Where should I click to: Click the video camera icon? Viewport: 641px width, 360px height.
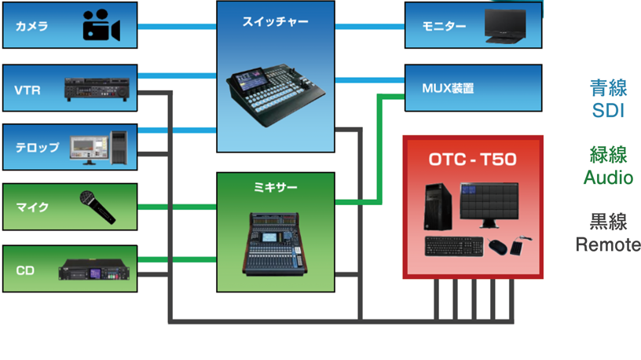[x=101, y=27]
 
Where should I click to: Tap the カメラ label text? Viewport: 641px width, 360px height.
[x=32, y=27]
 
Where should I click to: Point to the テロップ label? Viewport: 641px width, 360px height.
[x=37, y=147]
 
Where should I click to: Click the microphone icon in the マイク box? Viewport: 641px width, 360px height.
[x=97, y=207]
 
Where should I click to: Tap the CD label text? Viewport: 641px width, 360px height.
[x=24, y=270]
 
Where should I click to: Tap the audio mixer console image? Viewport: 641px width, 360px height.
[x=276, y=244]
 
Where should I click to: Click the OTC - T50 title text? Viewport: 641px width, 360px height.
[x=473, y=160]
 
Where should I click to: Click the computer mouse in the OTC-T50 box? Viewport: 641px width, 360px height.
[x=497, y=247]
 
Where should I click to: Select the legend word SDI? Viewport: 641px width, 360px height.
[x=607, y=111]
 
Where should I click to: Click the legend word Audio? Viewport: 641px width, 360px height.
[x=608, y=178]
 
